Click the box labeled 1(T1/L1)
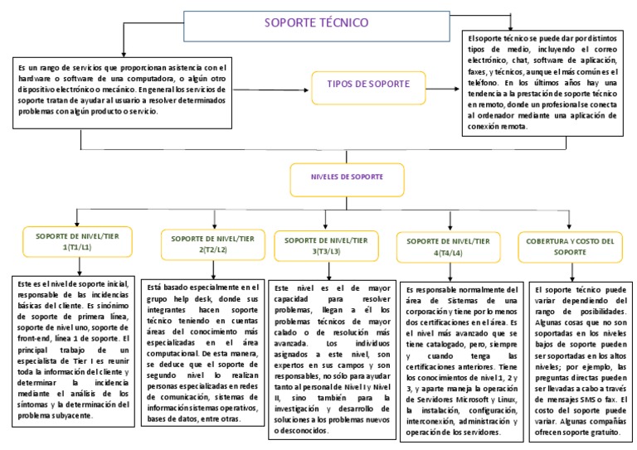(76, 242)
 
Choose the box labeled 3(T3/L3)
(326, 245)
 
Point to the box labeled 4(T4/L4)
(448, 246)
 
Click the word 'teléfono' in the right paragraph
(487, 84)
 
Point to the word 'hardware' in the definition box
(33, 78)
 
